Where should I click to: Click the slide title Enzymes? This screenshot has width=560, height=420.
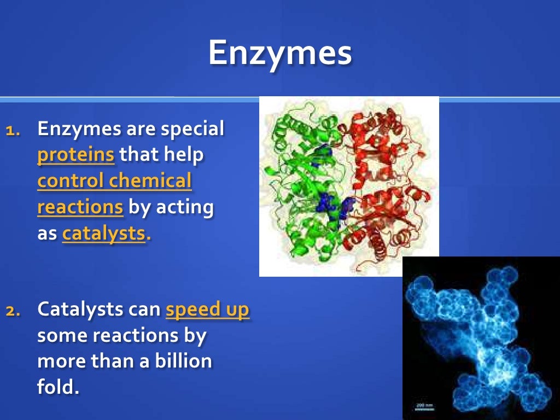click(x=279, y=54)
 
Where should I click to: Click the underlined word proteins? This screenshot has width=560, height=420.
click(x=76, y=155)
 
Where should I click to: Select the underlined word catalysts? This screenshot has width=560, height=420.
click(x=104, y=234)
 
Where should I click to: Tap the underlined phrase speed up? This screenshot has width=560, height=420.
click(x=207, y=310)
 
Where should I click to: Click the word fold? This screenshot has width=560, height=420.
click(x=58, y=387)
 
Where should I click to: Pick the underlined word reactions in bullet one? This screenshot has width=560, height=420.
click(x=80, y=207)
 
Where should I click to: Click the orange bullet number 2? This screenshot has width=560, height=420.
click(x=14, y=311)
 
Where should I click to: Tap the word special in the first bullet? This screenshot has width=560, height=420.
click(x=192, y=130)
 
